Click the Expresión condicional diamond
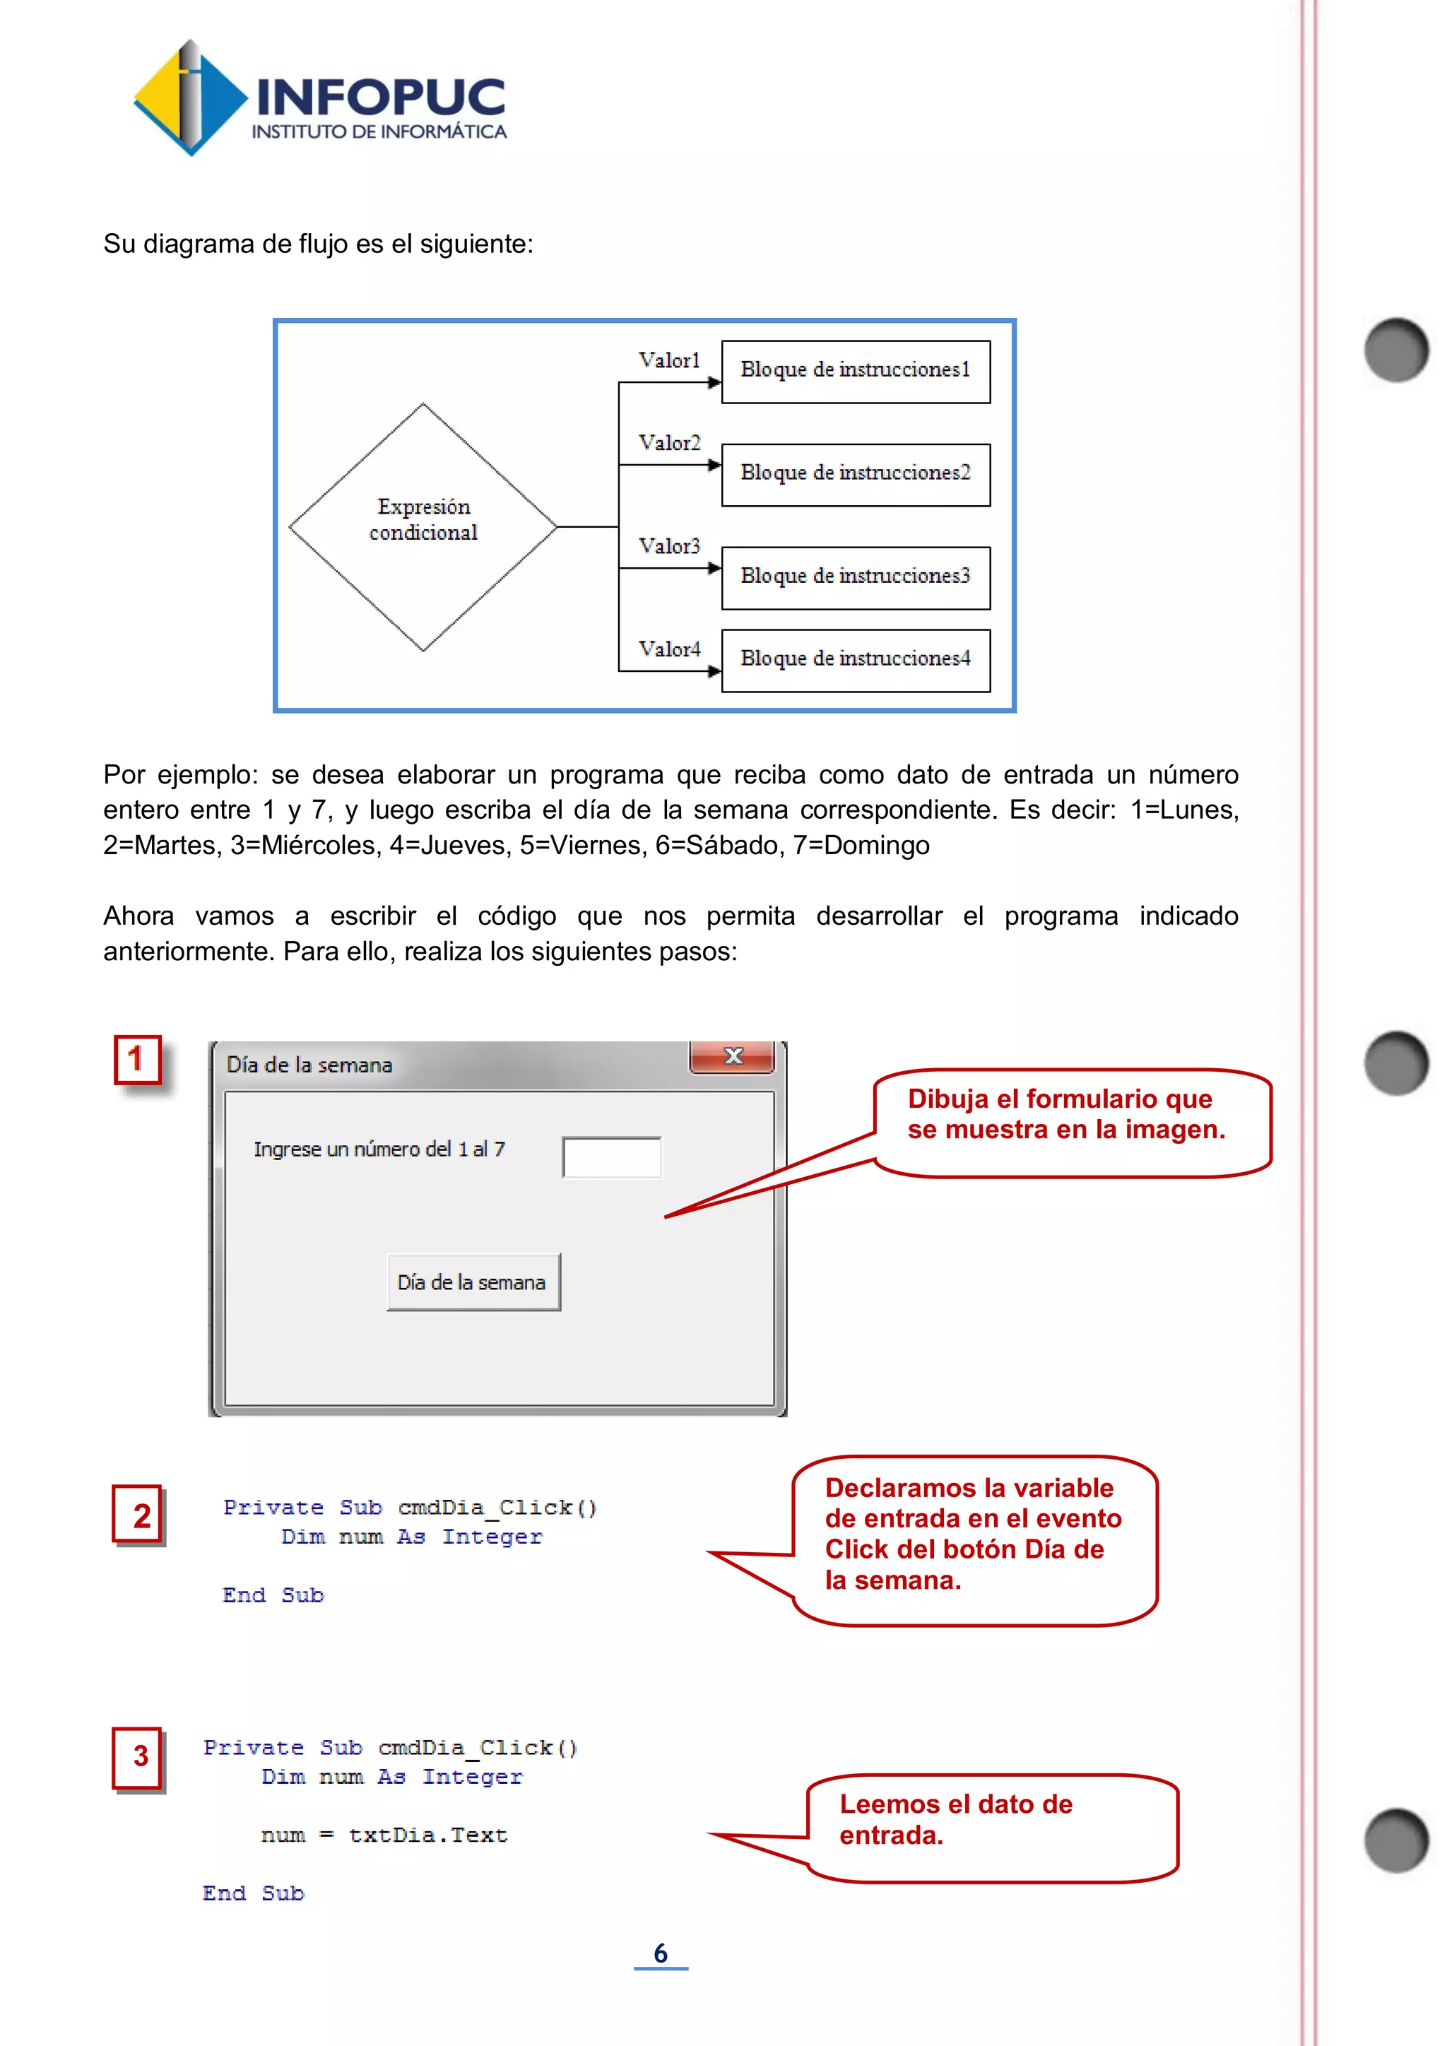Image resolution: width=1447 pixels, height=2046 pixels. [423, 526]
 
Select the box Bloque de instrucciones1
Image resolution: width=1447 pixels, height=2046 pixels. [856, 372]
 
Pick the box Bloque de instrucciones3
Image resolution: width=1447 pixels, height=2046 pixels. [856, 577]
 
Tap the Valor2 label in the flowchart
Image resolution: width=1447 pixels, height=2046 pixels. [669, 443]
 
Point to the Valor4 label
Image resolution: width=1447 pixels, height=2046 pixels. [669, 649]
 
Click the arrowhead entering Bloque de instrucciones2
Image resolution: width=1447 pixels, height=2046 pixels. [714, 465]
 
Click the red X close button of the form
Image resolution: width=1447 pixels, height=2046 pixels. [733, 1056]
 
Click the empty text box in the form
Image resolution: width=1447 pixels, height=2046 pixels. [611, 1157]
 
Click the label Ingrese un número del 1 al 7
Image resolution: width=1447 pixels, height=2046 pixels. [379, 1149]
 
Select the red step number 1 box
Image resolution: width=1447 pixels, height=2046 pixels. [136, 1060]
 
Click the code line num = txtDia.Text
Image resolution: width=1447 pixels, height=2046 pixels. [384, 1835]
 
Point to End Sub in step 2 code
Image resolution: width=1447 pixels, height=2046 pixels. [273, 1595]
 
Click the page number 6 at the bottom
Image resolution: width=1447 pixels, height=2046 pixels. [660, 1953]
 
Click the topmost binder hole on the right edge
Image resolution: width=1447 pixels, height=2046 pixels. [1395, 349]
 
